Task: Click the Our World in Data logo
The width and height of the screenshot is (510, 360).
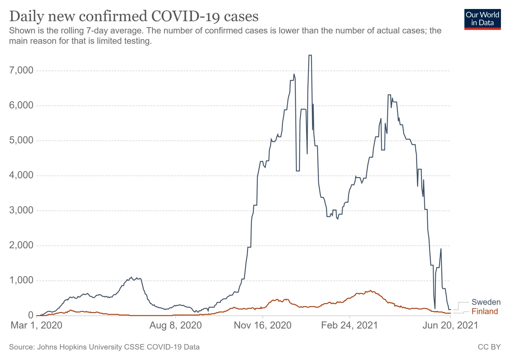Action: point(482,19)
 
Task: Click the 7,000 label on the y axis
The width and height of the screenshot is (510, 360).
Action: point(21,70)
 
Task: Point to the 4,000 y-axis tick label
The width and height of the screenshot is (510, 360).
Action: point(21,175)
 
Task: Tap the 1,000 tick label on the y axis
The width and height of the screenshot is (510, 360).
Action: point(21,280)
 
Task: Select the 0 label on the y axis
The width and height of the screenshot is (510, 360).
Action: point(31,315)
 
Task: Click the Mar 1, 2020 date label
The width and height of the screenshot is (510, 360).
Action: point(36,325)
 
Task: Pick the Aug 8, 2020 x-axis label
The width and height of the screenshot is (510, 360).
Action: point(176,325)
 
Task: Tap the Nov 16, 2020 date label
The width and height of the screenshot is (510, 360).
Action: point(263,325)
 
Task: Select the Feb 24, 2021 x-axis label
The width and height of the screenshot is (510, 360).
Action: point(349,325)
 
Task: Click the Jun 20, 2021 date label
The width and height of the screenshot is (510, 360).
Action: point(450,325)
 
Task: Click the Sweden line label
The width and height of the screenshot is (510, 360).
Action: point(486,302)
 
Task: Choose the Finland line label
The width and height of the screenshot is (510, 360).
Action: point(485,311)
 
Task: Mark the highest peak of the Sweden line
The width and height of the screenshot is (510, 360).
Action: point(310,55)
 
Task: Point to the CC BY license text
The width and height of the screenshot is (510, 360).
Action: point(489,347)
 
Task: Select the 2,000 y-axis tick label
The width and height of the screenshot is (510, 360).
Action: point(21,245)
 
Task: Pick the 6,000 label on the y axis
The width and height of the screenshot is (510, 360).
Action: point(21,105)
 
